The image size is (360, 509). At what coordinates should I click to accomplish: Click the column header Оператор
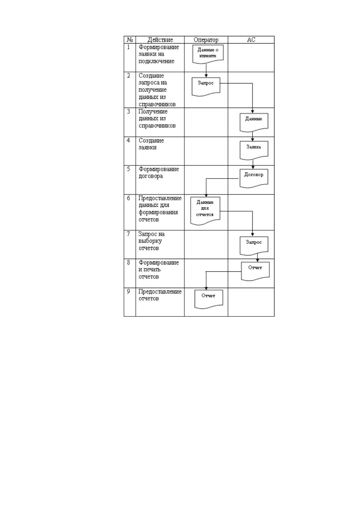(x=206, y=40)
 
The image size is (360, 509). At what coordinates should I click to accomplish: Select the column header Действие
(x=160, y=40)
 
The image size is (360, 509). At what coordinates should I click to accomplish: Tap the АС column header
(x=251, y=40)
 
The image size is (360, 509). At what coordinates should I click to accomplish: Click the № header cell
(x=130, y=40)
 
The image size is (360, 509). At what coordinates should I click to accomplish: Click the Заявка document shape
(x=254, y=150)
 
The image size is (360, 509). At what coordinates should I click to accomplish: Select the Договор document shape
(x=254, y=178)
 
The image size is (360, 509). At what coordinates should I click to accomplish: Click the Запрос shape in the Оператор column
(x=206, y=86)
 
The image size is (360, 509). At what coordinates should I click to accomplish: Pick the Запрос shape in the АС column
(x=254, y=246)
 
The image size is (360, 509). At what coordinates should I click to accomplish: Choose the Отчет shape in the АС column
(x=255, y=271)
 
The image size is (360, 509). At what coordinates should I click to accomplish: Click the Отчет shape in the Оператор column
(x=209, y=299)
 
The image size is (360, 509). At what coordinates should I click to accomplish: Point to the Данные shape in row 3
(x=254, y=122)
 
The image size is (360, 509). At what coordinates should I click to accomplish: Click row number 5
(x=128, y=169)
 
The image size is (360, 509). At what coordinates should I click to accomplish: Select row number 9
(x=128, y=291)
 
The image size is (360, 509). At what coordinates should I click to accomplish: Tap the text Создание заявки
(x=151, y=144)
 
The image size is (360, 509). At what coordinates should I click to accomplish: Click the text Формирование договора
(x=159, y=173)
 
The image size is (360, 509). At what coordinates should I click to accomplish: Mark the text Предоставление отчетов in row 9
(x=160, y=295)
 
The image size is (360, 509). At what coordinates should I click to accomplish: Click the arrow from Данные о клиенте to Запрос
(x=206, y=71)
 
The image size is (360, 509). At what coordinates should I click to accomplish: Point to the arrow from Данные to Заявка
(x=252, y=137)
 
